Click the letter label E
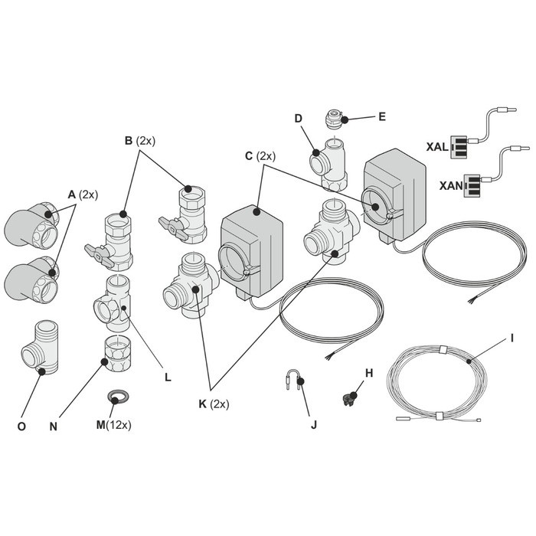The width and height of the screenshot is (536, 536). tap(382, 117)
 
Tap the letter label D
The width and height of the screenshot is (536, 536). tap(299, 119)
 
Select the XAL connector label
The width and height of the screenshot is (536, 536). tap(436, 145)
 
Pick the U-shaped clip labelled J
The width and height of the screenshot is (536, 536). tap(296, 381)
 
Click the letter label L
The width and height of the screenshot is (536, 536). tap(167, 377)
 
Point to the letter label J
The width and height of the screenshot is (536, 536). tap(313, 426)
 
